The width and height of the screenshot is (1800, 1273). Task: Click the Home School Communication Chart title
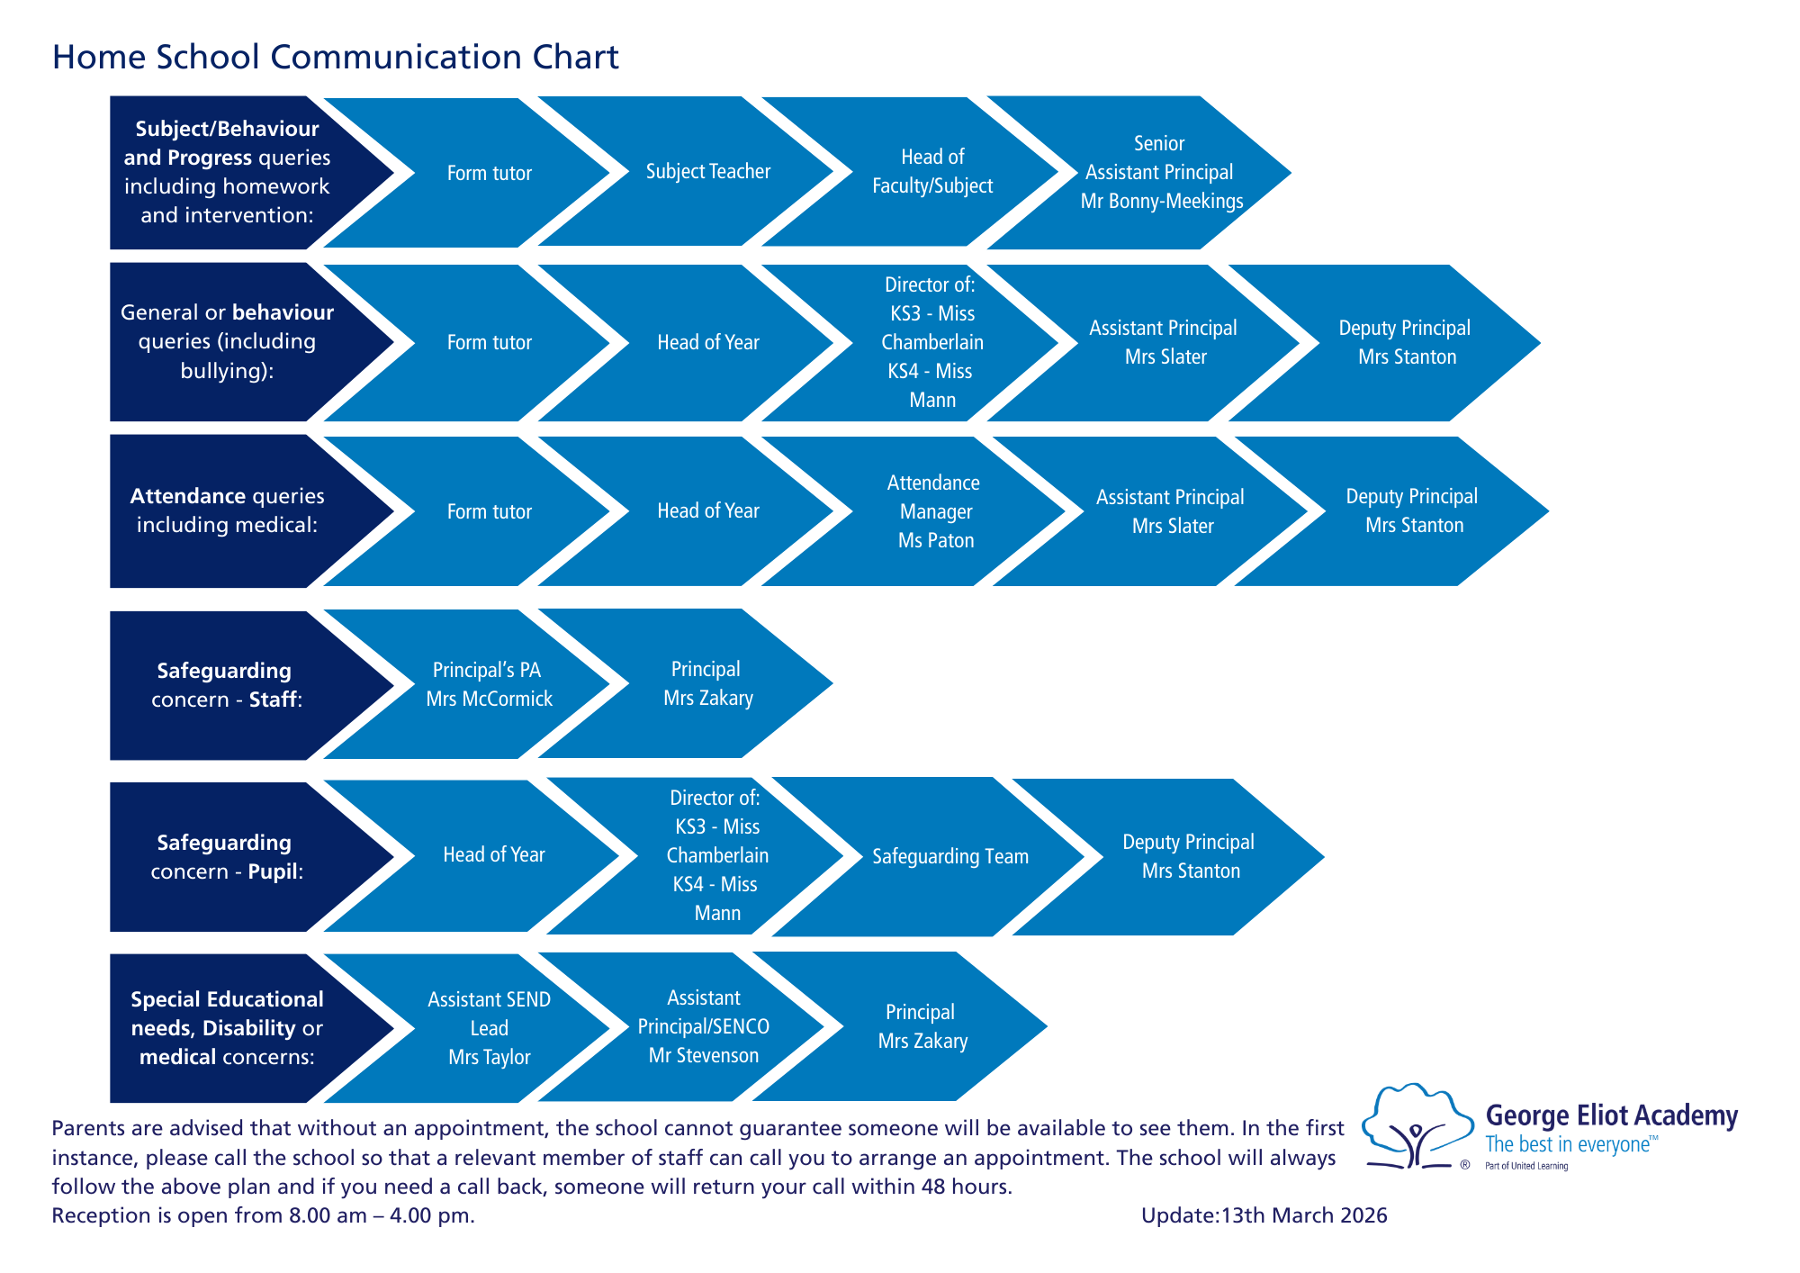click(x=335, y=57)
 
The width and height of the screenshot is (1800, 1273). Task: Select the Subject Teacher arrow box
click(x=707, y=171)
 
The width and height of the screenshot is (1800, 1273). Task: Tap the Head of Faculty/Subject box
click(x=932, y=171)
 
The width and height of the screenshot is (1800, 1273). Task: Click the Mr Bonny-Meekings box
click(x=1160, y=172)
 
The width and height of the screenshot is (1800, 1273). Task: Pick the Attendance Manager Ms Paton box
click(x=935, y=511)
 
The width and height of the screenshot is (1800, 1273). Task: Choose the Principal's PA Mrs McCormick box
click(x=488, y=684)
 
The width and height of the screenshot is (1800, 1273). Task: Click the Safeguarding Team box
click(x=949, y=856)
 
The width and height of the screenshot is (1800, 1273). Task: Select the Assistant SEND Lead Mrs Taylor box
click(x=489, y=1028)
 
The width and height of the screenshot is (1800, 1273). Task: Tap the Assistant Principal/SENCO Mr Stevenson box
click(x=703, y=1026)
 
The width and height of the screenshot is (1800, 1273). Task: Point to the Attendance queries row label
click(x=227, y=510)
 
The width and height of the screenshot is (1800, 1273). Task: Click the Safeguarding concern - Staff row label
click(x=225, y=685)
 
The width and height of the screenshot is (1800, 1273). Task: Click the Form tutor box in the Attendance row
click(x=489, y=511)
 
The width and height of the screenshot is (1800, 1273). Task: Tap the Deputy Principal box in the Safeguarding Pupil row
click(x=1188, y=856)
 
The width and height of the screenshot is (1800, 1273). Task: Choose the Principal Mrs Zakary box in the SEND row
click(x=922, y=1026)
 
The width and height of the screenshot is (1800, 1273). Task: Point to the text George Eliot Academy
click(x=1611, y=1115)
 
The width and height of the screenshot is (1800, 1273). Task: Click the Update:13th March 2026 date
click(x=1264, y=1215)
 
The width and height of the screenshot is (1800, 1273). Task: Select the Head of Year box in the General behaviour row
click(x=707, y=342)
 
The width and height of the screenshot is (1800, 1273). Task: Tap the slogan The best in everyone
click(x=1568, y=1144)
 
